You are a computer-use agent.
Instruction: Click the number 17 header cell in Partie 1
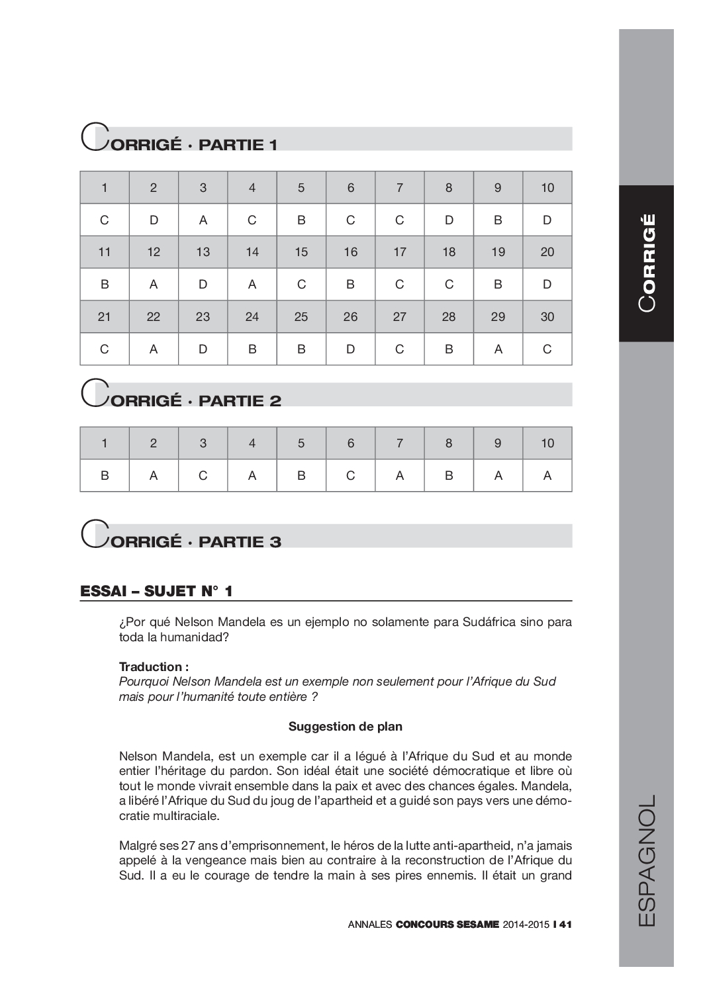coord(400,252)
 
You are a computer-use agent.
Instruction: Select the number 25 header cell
coord(301,317)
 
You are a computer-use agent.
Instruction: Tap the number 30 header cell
coord(547,317)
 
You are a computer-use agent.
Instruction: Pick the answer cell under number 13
coord(203,285)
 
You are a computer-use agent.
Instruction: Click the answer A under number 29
coord(498,349)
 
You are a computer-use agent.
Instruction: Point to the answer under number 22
coord(154,349)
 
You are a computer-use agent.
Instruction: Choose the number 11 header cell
coord(105,252)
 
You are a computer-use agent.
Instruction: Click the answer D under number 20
coord(547,285)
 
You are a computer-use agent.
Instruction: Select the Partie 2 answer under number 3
coord(203,476)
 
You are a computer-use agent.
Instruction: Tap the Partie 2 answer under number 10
coord(547,476)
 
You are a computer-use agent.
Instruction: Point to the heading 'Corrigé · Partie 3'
coord(182,538)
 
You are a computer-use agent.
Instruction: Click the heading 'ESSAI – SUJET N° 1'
coord(156,591)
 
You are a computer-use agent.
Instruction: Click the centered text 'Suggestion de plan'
coord(345,727)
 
